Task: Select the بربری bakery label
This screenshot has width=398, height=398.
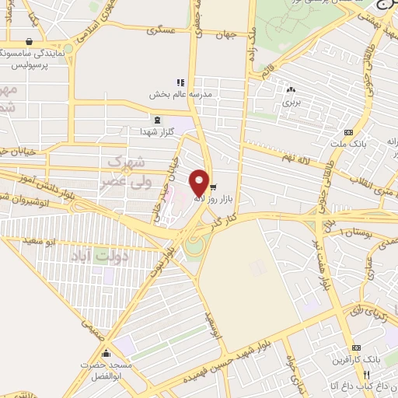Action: click(291, 102)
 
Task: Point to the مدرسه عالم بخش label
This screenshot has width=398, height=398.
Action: click(180, 95)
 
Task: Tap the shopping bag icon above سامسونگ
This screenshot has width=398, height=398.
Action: click(30, 42)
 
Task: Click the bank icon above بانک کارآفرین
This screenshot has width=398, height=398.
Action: click(357, 347)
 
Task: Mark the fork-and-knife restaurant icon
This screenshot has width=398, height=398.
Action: click(357, 375)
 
